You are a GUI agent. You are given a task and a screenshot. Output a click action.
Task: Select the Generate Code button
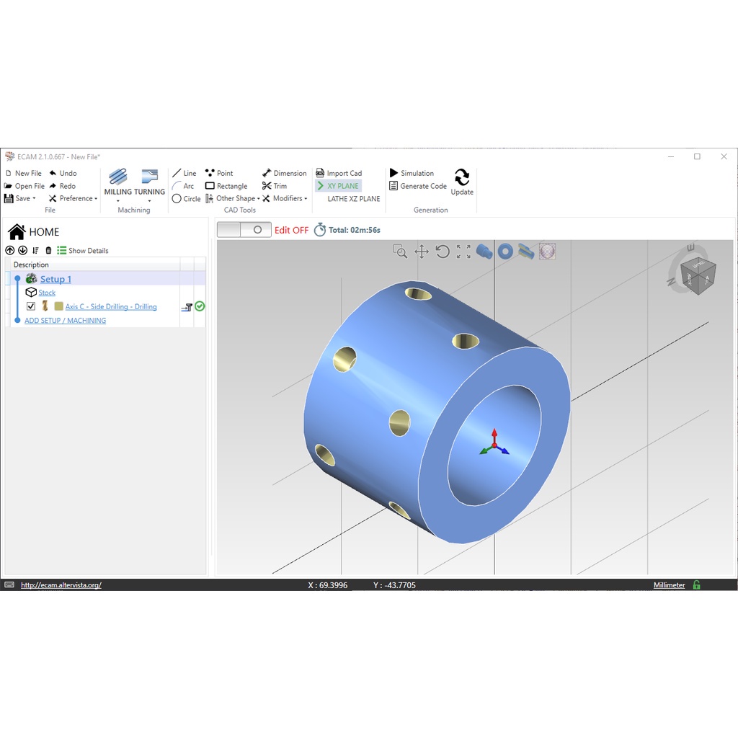point(418,186)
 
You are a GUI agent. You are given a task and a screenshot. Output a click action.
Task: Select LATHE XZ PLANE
point(353,199)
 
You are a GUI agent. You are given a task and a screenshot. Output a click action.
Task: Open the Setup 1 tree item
point(55,279)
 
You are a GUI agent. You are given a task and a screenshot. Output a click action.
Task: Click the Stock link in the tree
point(47,293)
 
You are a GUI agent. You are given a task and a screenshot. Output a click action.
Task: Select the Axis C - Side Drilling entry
point(111,307)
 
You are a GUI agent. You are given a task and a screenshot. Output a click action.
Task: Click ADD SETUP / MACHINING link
point(65,321)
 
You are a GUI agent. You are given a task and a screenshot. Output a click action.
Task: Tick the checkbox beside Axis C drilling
point(31,306)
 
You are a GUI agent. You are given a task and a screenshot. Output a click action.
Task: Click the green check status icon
point(200,306)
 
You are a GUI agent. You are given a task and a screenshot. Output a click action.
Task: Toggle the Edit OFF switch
point(244,230)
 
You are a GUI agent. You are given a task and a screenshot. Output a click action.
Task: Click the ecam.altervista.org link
point(61,585)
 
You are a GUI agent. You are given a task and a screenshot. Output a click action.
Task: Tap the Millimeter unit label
point(669,585)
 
